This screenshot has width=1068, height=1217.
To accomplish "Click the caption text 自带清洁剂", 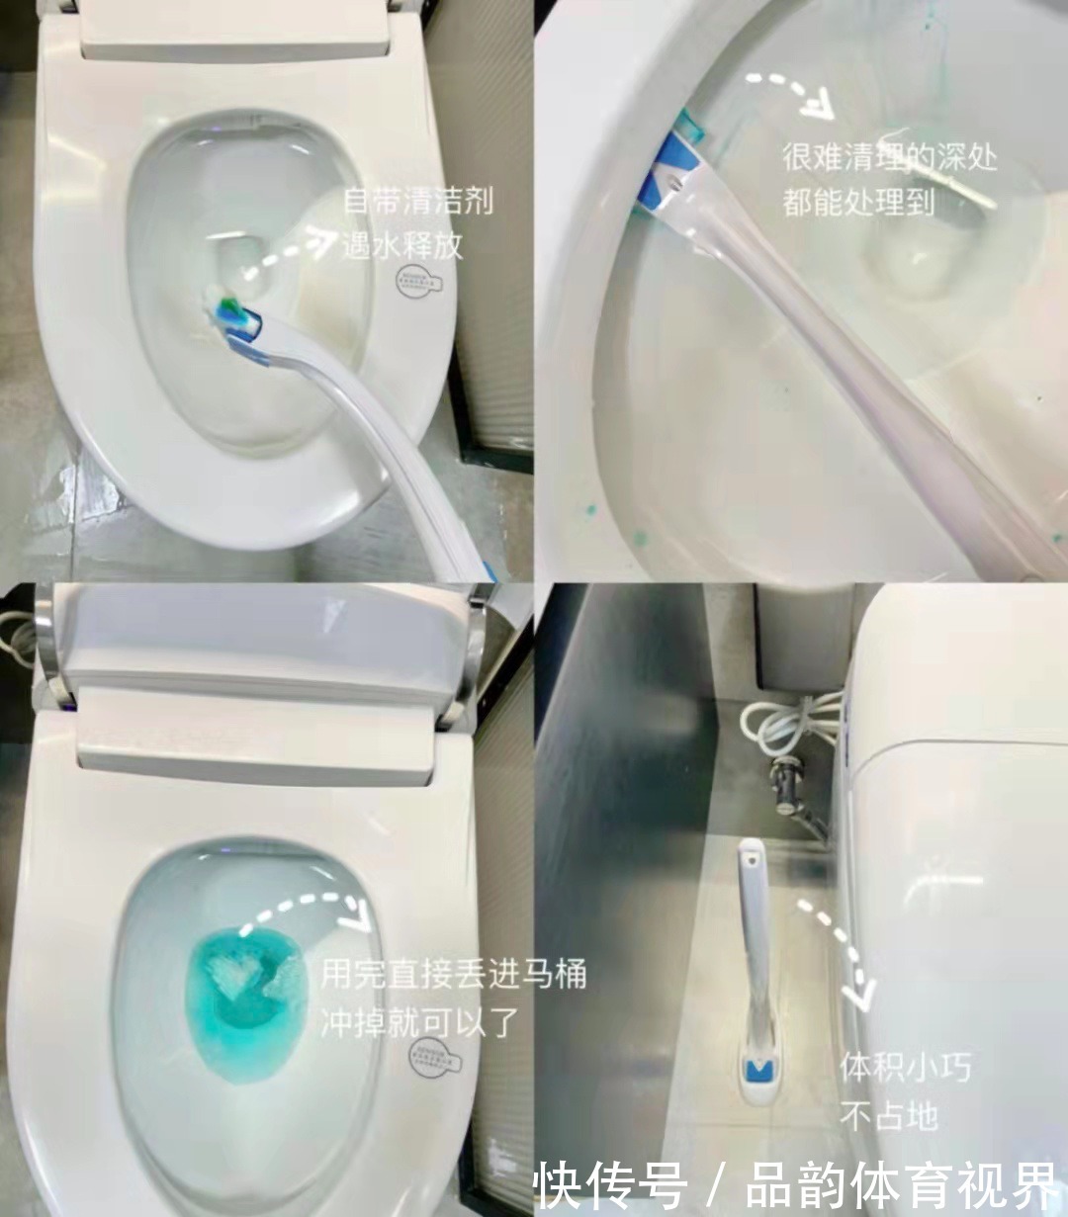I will point(417,202).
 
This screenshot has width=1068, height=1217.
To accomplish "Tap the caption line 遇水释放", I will point(401,245).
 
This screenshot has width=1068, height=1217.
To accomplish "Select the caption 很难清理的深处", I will point(889,157).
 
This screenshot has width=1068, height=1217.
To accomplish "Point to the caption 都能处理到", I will point(858,202).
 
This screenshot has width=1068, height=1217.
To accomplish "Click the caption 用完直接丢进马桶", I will point(453,974).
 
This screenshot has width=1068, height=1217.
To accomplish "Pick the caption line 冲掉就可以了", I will point(419,1022).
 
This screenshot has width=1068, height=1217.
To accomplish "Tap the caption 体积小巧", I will point(905,1068).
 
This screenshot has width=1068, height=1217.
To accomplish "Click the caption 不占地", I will point(888,1116).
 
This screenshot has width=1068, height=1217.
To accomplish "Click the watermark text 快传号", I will point(609,1184).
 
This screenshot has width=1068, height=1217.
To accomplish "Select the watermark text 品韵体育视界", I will point(901,1184).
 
